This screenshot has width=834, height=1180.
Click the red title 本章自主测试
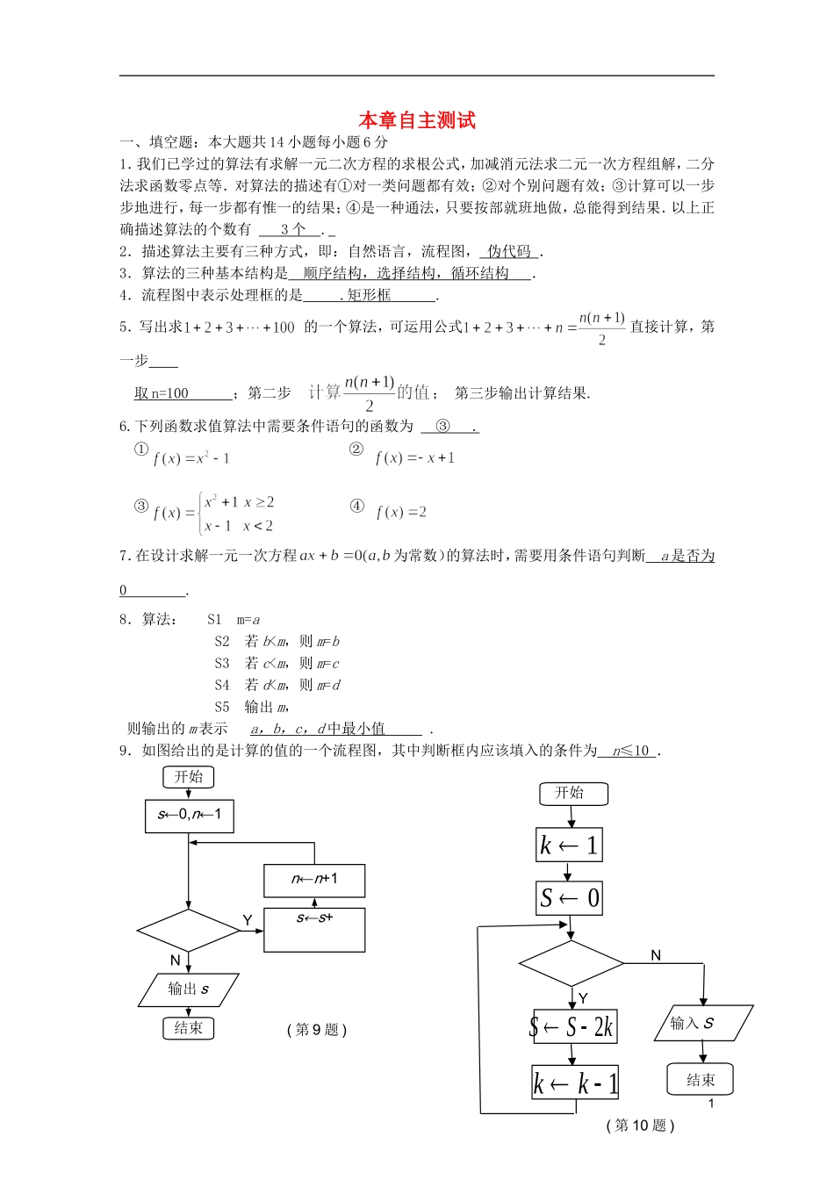point(417,121)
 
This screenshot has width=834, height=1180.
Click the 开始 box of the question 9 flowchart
point(188,777)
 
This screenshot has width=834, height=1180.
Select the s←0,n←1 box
point(190,816)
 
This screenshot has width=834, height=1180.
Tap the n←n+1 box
point(314,880)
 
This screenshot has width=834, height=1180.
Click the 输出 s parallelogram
point(189,989)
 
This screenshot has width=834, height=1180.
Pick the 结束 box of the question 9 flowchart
point(188,1028)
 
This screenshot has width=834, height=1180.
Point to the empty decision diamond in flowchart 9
point(189,930)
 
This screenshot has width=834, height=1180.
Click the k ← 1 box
point(569,845)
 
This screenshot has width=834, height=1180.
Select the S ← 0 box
point(569,898)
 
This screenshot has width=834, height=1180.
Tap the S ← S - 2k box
point(572,1026)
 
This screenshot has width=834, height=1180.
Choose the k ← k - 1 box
point(575,1083)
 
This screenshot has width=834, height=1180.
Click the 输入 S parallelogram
point(703,1023)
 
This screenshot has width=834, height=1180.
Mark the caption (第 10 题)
point(640,1126)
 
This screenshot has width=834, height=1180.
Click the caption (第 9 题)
point(317,1030)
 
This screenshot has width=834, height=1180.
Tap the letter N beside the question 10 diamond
point(656,955)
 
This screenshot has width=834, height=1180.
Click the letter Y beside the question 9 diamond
point(248,920)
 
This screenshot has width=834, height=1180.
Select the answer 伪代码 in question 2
point(510,252)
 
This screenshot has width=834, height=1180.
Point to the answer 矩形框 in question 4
point(369,295)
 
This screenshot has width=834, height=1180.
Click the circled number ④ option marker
point(356,506)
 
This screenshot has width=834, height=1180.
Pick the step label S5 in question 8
point(222,707)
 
